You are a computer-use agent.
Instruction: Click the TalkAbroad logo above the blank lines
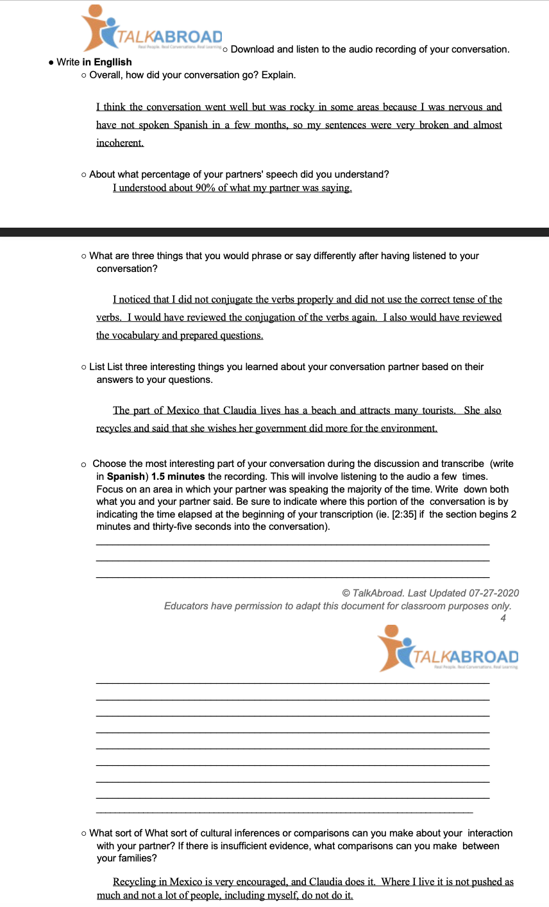coord(448,650)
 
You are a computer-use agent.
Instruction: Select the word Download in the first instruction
coord(252,49)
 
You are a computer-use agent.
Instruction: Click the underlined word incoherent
coord(120,143)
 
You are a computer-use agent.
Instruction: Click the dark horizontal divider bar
coord(274,232)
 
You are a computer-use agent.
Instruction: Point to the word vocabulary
coord(137,335)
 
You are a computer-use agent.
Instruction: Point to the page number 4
coord(503,618)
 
